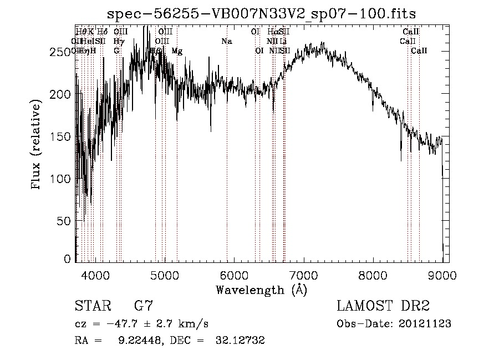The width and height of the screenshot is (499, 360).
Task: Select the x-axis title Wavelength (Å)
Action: tap(261, 290)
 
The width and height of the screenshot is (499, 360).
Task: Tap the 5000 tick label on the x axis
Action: tap(165, 274)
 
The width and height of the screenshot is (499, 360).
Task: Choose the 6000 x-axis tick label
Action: tap(234, 274)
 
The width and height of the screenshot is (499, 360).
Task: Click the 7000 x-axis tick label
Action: tap(303, 274)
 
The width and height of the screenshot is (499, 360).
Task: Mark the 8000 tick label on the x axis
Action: tap(373, 274)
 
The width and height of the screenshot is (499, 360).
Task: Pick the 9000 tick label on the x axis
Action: tap(442, 274)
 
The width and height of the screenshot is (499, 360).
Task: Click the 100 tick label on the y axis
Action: tap(63, 179)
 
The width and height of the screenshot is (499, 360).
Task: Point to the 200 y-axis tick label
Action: tap(63, 94)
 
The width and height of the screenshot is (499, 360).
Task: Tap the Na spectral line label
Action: tap(226, 42)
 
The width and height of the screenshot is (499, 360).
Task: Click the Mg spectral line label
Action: tap(177, 51)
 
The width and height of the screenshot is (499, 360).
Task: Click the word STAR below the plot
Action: tap(93, 306)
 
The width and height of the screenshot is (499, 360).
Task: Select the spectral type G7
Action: tap(143, 306)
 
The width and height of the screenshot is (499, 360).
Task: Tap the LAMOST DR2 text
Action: tap(383, 306)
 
